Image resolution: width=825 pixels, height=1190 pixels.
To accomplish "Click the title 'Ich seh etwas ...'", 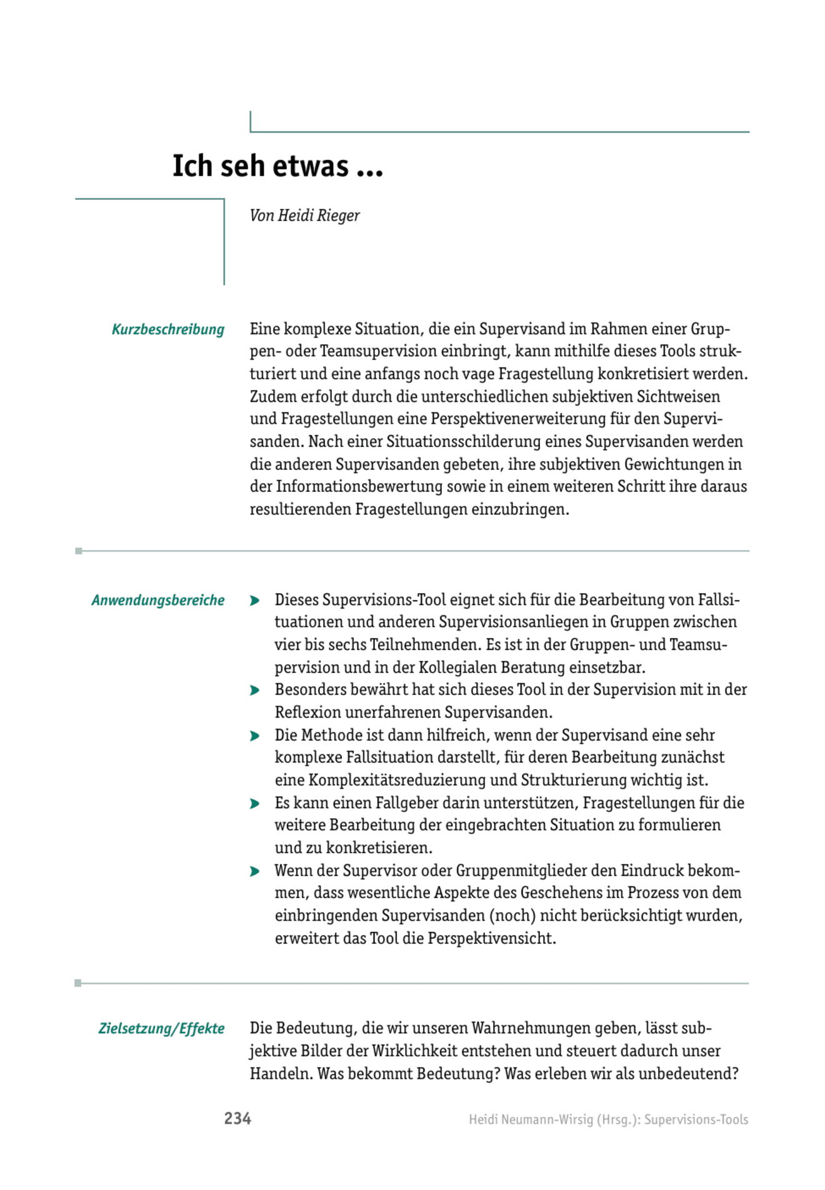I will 277,166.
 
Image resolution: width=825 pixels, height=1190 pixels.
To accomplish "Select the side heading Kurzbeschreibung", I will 167,329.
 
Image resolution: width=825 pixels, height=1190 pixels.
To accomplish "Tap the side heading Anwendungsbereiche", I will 157,601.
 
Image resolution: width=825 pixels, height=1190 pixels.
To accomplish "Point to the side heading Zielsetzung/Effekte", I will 161,1029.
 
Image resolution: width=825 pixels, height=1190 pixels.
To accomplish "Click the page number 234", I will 237,1119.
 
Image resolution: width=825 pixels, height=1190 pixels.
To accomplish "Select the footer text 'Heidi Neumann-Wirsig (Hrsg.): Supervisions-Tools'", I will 608,1119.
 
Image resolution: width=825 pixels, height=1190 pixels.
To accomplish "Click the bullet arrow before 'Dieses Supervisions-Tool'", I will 254,601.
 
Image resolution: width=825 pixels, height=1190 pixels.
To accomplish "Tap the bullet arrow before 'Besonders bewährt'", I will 254,691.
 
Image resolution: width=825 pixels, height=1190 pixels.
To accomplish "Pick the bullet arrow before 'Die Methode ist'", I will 254,736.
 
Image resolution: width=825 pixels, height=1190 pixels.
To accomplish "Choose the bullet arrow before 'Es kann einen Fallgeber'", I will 254,803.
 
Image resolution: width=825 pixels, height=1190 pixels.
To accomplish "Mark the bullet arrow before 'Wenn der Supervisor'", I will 254,871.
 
